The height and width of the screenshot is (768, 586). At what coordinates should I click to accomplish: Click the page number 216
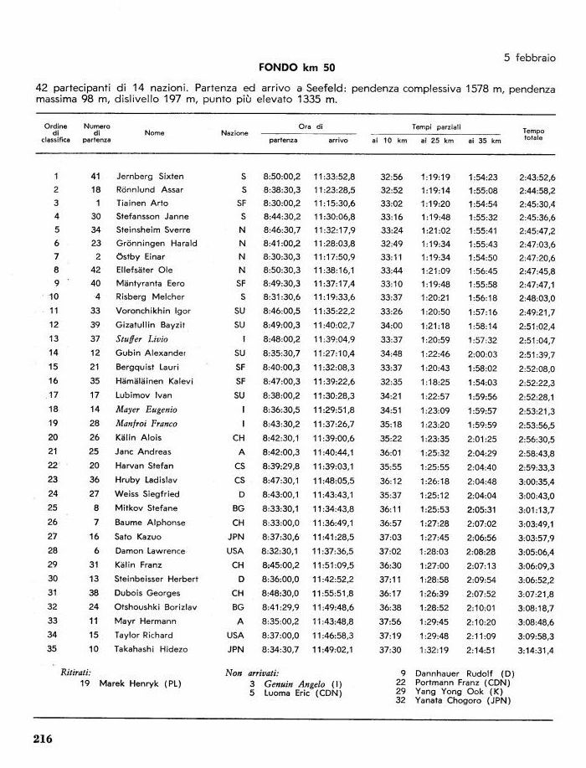(44, 738)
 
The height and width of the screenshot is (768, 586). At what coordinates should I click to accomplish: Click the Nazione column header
(234, 133)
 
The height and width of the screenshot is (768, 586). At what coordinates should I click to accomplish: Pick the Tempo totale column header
(533, 134)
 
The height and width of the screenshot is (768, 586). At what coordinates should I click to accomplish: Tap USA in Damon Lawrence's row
(235, 550)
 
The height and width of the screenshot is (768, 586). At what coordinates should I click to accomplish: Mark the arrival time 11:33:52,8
(335, 177)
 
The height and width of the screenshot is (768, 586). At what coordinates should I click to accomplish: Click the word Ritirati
(76, 672)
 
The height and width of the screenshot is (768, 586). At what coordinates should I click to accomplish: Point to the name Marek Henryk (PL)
(139, 683)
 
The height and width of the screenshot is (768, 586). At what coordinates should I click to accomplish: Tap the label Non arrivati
(253, 672)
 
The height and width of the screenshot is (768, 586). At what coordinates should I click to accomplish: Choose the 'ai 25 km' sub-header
(436, 141)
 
